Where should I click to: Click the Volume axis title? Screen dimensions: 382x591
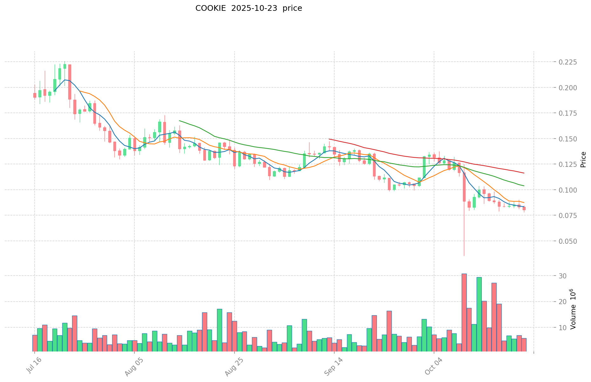[x=573, y=309]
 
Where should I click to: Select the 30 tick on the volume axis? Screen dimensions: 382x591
[x=562, y=276]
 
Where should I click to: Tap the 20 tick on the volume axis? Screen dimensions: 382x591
[x=562, y=302]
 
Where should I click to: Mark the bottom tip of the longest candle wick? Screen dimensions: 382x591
[x=464, y=256]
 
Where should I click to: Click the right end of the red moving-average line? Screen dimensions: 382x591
[x=524, y=173]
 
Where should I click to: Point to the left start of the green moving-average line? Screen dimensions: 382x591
[x=180, y=121]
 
